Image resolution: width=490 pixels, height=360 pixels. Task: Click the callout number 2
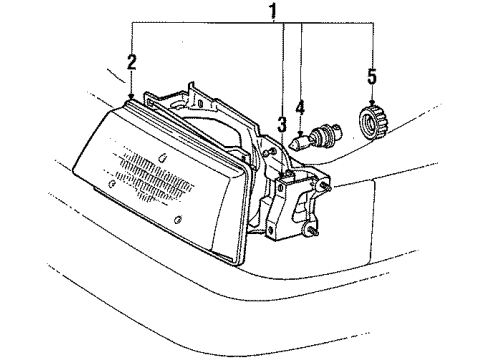131,64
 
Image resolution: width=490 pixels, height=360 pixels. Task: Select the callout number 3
283,125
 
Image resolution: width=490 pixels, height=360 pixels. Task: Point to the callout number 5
372,76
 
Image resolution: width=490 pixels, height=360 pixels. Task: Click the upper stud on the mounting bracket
327,187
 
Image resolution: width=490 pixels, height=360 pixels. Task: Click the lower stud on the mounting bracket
312,235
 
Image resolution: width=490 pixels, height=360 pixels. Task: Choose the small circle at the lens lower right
176,221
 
